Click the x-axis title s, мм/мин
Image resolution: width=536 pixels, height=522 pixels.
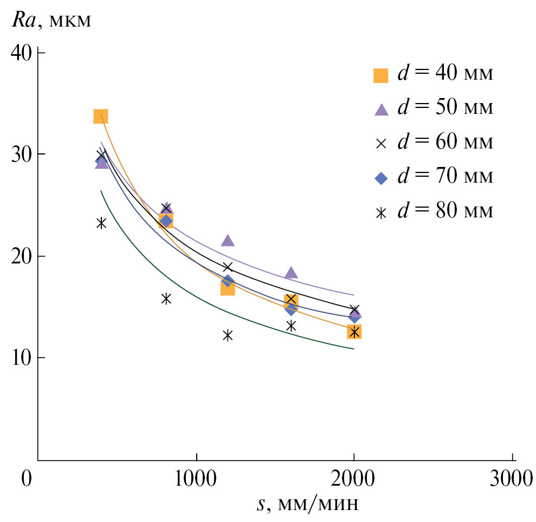point(307,504)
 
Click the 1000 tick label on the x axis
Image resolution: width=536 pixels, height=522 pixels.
point(196,479)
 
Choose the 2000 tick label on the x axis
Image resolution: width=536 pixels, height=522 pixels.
point(354,479)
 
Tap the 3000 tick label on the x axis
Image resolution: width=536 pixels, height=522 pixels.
point(512,479)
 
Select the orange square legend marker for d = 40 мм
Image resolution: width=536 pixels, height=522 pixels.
point(382,75)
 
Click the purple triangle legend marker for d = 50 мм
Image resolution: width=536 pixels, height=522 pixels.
point(382,109)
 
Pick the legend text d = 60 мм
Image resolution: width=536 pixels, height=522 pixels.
point(445,143)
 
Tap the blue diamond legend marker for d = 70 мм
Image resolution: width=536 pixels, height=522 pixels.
point(382,178)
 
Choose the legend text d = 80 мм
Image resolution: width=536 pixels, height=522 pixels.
point(445,211)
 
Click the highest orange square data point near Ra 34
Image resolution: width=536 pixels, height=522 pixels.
point(101,116)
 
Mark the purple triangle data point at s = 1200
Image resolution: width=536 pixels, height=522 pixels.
point(228,240)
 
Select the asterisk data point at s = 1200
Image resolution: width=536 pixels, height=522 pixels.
point(228,335)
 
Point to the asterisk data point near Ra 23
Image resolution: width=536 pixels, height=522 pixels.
point(101,223)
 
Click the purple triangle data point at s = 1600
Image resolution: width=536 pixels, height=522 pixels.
point(291,272)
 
